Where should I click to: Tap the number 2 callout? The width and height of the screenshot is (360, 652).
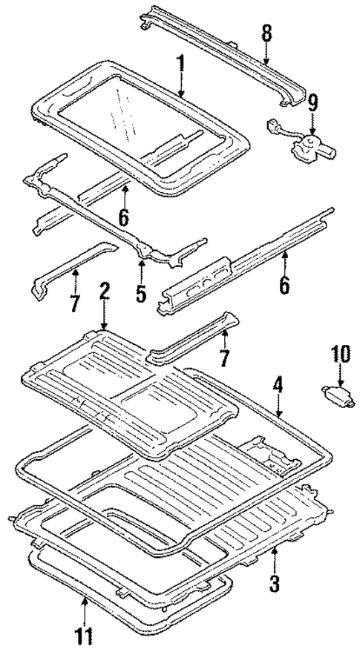104,290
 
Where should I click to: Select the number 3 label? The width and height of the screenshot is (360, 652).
275,584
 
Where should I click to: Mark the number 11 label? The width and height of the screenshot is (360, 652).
85,636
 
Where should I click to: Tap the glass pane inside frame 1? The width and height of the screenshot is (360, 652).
126,111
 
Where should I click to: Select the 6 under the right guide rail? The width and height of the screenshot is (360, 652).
284,286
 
